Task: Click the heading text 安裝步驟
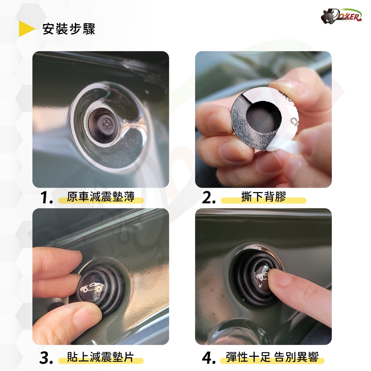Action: point(69,29)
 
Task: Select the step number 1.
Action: point(46,197)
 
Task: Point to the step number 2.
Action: point(208,197)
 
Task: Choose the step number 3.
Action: point(46,358)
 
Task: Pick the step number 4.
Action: point(209,358)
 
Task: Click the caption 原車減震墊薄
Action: point(101,197)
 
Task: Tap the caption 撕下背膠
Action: point(264,197)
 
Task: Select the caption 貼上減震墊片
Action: point(101,357)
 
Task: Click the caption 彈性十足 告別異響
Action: point(272,357)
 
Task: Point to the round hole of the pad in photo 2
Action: point(264,116)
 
